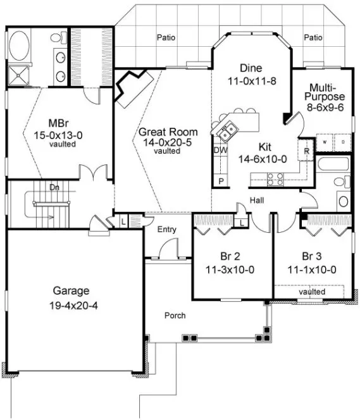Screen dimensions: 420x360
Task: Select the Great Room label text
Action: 168,132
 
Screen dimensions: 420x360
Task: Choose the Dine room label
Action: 251,68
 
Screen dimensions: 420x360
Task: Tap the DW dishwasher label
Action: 220,151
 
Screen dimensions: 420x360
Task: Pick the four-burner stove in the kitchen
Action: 276,180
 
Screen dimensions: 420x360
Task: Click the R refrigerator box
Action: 306,152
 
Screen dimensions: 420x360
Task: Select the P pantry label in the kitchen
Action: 221,181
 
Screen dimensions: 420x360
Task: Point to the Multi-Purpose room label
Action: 327,92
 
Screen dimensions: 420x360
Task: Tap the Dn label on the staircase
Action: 54,187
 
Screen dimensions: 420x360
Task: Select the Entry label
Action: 167,230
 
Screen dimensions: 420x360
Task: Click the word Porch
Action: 175,315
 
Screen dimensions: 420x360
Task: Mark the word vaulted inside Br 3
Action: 311,292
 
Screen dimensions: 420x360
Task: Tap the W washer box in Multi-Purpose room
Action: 325,142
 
